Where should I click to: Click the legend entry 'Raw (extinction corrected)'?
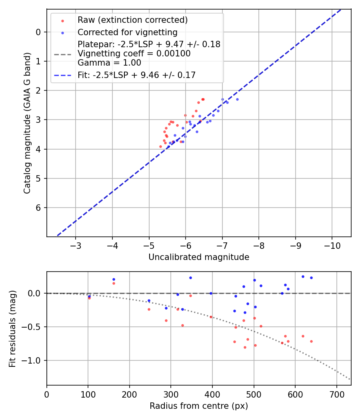pyautogui.click(x=132, y=20)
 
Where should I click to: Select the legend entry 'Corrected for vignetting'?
pyautogui.click(x=127, y=32)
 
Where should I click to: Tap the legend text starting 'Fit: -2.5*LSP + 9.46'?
pyautogui.click(x=136, y=75)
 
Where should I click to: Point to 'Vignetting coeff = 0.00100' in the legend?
pyautogui.click(x=134, y=54)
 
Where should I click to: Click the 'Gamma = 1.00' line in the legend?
pyautogui.click(x=109, y=63)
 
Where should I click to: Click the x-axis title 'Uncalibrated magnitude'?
pyautogui.click(x=199, y=257)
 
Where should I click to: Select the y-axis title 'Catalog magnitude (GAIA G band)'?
pyautogui.click(x=27, y=122)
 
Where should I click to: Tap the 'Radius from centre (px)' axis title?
pyautogui.click(x=199, y=406)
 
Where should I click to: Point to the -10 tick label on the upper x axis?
pyautogui.click(x=332, y=246)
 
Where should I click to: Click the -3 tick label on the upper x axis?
pyautogui.click(x=76, y=246)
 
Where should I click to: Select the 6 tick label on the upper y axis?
pyautogui.click(x=38, y=208)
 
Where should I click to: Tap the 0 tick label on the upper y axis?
pyautogui.click(x=38, y=32)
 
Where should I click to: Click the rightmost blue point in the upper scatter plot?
pyautogui.click(x=237, y=99)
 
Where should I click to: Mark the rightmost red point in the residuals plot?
pyautogui.click(x=311, y=341)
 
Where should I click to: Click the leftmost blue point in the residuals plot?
pyautogui.click(x=89, y=296)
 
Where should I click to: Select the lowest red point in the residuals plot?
pyautogui.click(x=245, y=347)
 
